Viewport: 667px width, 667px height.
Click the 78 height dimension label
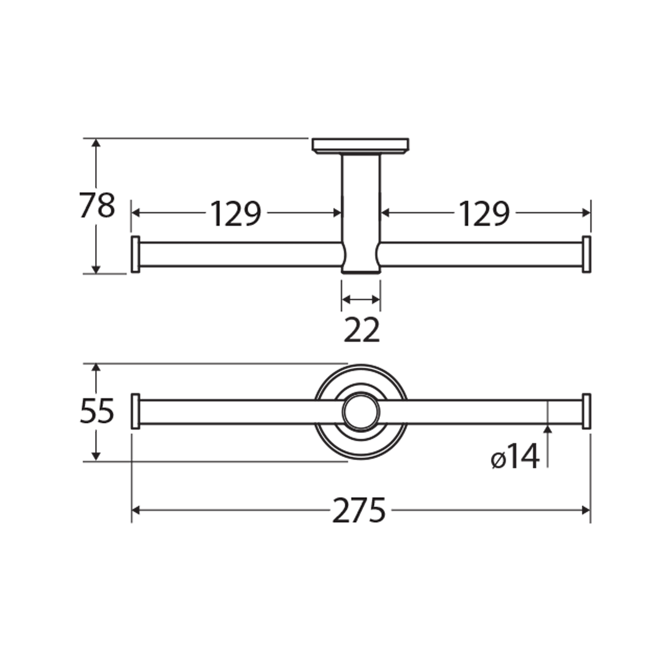pos(97,206)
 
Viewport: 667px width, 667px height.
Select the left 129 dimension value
pos(236,214)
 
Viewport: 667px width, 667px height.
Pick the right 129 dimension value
pos(484,214)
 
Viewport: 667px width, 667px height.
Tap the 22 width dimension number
pos(361,330)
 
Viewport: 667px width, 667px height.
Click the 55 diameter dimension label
pos(97,411)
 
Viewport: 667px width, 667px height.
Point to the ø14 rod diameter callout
pos(516,458)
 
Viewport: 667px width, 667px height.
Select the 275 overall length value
pos(359,511)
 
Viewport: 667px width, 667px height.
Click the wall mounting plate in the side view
pos(360,146)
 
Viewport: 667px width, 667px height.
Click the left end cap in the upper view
pos(135,254)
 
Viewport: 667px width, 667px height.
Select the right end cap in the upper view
pos(586,254)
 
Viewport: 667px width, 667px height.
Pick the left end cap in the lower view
pos(135,411)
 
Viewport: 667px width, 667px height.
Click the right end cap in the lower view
pos(586,411)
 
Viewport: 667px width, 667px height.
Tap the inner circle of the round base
pos(361,412)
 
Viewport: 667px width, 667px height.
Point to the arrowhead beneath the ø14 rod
pos(547,429)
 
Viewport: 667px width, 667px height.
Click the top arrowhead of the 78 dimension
pos(96,143)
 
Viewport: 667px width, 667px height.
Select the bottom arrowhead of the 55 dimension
pos(96,456)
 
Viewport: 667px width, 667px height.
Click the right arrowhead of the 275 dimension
pos(586,510)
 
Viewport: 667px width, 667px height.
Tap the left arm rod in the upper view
pos(241,254)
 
